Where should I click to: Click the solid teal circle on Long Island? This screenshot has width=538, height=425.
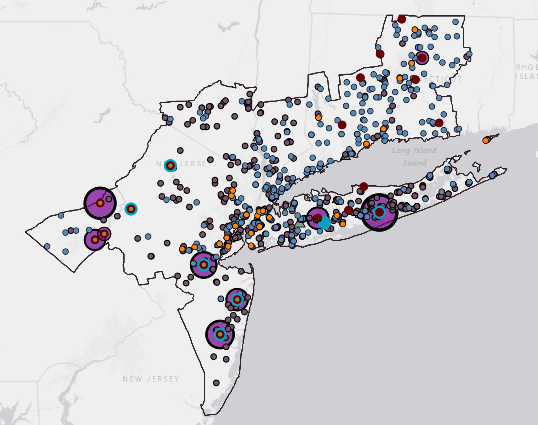click(324, 223)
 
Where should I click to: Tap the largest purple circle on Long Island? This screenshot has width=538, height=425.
click(379, 212)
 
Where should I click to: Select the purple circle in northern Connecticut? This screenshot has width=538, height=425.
click(422, 58)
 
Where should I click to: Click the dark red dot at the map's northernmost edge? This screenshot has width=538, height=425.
click(402, 19)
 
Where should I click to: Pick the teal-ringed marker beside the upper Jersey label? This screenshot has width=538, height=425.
click(170, 166)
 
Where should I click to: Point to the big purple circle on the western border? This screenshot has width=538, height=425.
click(100, 203)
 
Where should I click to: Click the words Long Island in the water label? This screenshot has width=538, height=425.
click(414, 151)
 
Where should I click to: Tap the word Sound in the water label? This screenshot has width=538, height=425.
click(415, 163)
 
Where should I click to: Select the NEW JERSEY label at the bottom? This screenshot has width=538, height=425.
click(151, 379)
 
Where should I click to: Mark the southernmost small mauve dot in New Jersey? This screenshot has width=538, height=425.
click(216, 383)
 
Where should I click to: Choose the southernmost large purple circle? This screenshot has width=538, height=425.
click(220, 334)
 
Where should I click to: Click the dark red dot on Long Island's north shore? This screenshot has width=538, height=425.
click(363, 186)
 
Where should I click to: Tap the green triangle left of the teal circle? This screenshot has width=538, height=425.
click(300, 224)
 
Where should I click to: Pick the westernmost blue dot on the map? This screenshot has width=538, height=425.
click(47, 246)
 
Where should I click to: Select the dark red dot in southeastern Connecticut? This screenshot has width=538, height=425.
click(439, 123)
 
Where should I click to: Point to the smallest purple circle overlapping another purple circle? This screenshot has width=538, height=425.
click(104, 234)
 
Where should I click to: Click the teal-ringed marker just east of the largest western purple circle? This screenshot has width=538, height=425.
click(131, 209)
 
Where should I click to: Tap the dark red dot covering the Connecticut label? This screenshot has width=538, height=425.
click(415, 79)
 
